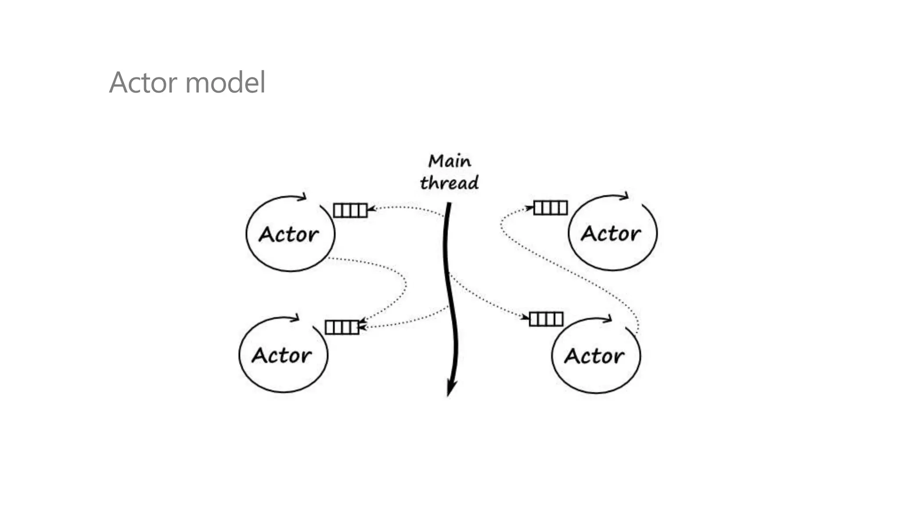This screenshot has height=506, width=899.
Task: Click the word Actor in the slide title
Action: [x=144, y=83]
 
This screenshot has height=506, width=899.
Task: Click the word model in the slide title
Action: [x=225, y=83]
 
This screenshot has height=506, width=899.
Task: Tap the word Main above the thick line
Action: [x=449, y=161]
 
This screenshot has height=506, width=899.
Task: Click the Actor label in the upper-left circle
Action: [x=288, y=235]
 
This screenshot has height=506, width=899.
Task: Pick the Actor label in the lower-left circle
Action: [x=281, y=355]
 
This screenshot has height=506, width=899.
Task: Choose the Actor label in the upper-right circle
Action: [x=611, y=234]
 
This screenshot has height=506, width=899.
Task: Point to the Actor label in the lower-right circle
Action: [x=594, y=356]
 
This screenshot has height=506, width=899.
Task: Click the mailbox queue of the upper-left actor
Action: [x=350, y=210]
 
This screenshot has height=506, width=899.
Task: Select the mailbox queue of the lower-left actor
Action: [x=342, y=327]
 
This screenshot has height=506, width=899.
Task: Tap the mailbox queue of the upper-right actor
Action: [x=550, y=208]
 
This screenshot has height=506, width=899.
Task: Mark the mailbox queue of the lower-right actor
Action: [x=546, y=319]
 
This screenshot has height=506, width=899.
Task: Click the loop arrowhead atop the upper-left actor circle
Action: [x=302, y=197]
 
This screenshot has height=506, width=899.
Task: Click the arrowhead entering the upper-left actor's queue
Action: [x=371, y=209]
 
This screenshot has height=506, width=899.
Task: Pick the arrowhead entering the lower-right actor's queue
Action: [x=525, y=317]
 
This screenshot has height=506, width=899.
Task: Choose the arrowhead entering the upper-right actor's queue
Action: [x=529, y=207]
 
